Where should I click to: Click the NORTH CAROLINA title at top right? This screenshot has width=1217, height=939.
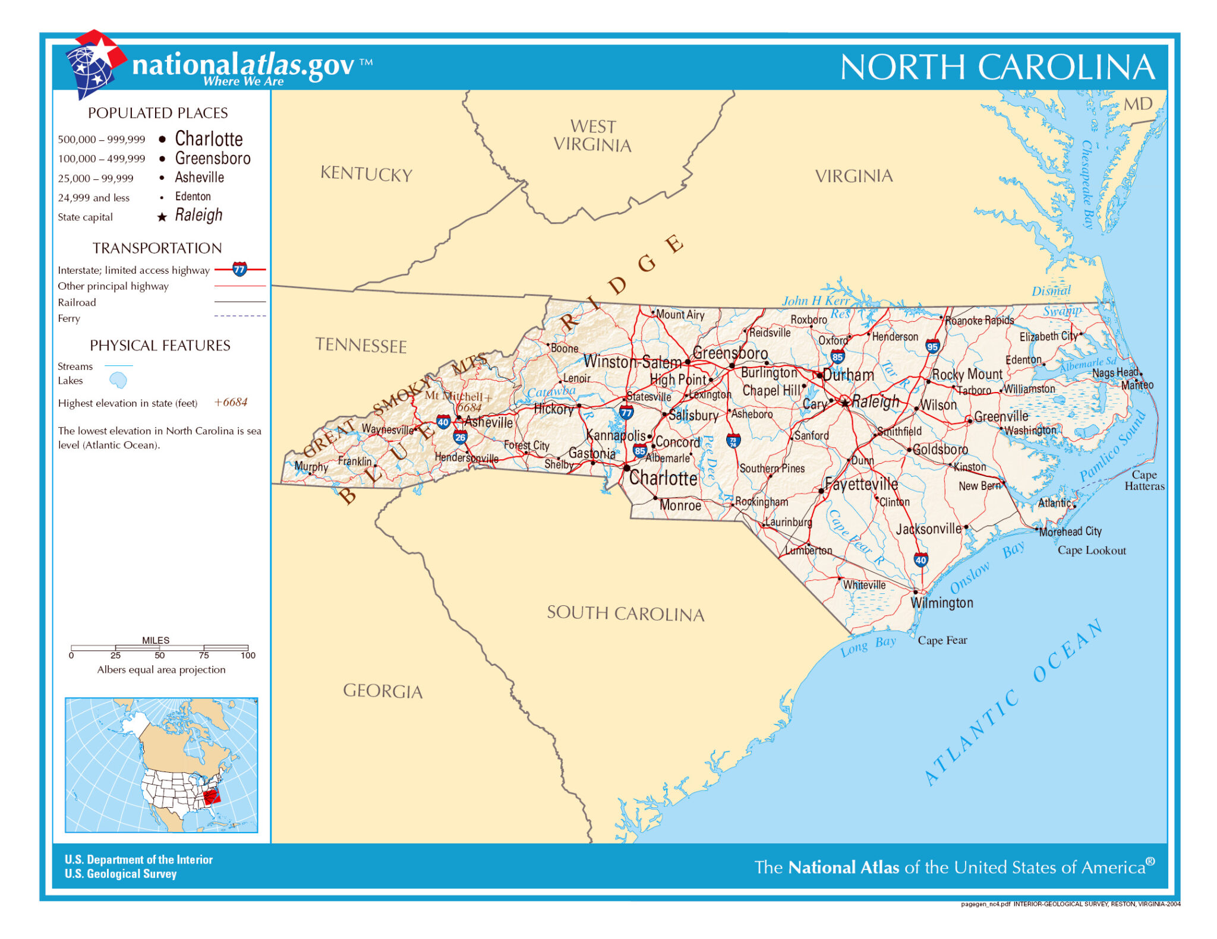pos(997,67)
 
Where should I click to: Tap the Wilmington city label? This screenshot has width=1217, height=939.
pos(942,603)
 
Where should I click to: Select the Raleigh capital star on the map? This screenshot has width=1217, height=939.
pos(845,403)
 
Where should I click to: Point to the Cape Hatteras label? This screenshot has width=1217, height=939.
pos(1144,480)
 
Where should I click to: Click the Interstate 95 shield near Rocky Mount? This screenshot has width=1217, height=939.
pos(932,346)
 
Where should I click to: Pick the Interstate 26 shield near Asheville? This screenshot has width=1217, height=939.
pos(461,438)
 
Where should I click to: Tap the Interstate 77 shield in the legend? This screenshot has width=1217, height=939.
pos(239,269)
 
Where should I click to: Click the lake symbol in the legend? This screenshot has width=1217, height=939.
pos(118,380)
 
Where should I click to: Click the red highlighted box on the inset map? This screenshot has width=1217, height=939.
pos(212,796)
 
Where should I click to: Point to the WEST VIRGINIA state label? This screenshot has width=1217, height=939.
pos(592,135)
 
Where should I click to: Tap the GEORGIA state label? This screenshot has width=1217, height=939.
pos(383,691)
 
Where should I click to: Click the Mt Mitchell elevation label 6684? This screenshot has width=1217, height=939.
pos(469,407)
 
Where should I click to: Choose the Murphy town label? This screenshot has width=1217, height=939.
pos(311,467)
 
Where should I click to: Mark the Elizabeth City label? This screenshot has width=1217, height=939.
pos(1048,336)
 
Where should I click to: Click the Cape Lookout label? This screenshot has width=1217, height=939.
pos(1091,551)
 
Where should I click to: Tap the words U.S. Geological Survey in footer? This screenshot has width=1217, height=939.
pos(121,874)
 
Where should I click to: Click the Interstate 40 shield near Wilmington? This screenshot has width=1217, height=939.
pos(920,559)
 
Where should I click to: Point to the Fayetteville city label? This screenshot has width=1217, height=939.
pos(861,485)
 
